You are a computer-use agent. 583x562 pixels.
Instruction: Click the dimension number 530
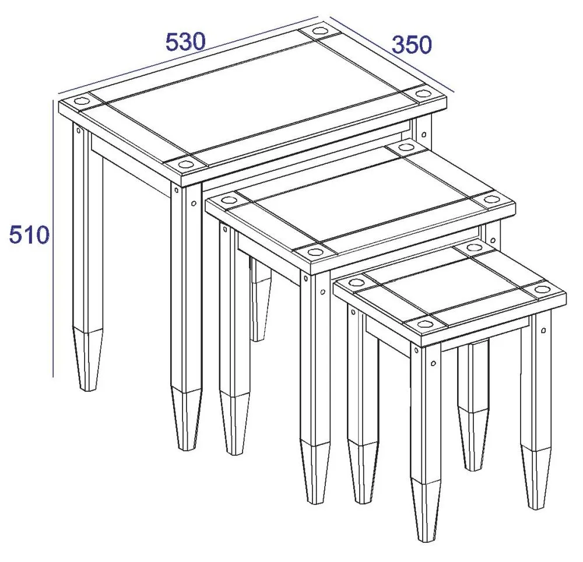point(186,43)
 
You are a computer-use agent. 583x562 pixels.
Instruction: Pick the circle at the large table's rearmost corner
point(320,30)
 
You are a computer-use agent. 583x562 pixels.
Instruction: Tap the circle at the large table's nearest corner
point(185,164)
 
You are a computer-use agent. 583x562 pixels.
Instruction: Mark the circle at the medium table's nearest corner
point(315,252)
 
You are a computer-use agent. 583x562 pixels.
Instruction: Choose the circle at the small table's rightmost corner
point(542,289)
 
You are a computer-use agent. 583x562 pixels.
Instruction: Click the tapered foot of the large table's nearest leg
point(187,417)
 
